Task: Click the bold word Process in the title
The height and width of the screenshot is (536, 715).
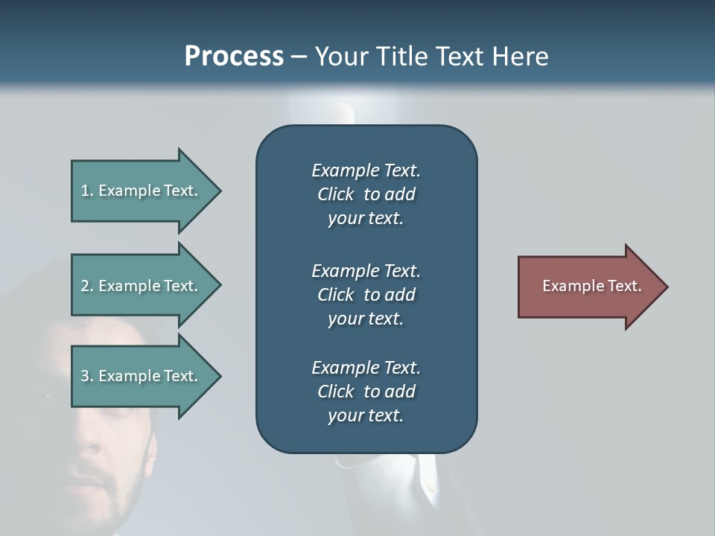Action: tap(234, 57)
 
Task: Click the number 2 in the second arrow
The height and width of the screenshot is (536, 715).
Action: tap(85, 286)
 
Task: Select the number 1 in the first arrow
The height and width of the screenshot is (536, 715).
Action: tap(85, 191)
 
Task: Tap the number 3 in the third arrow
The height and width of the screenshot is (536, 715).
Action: tap(85, 376)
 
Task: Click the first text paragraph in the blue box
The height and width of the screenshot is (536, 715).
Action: tap(366, 194)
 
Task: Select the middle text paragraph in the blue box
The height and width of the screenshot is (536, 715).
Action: tap(366, 295)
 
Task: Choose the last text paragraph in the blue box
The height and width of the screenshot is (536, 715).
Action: tap(366, 392)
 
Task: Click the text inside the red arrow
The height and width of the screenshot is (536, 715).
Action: tap(591, 286)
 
